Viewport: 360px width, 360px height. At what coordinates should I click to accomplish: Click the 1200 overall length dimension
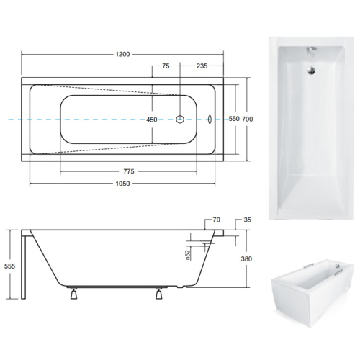click(122, 54)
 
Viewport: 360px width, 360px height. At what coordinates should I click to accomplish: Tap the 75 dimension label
click(166, 66)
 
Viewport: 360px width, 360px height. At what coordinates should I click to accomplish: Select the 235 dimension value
click(202, 66)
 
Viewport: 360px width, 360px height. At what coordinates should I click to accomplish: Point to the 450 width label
click(152, 120)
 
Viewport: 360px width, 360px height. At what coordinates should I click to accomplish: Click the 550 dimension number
click(234, 119)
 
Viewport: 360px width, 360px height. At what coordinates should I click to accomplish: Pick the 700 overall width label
click(247, 119)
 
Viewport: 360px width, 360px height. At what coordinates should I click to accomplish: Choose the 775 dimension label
click(129, 171)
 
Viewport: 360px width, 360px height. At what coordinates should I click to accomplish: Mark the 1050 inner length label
click(122, 184)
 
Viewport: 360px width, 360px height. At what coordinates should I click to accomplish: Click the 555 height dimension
click(9, 266)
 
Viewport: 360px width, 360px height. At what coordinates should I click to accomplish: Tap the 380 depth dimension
click(246, 258)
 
